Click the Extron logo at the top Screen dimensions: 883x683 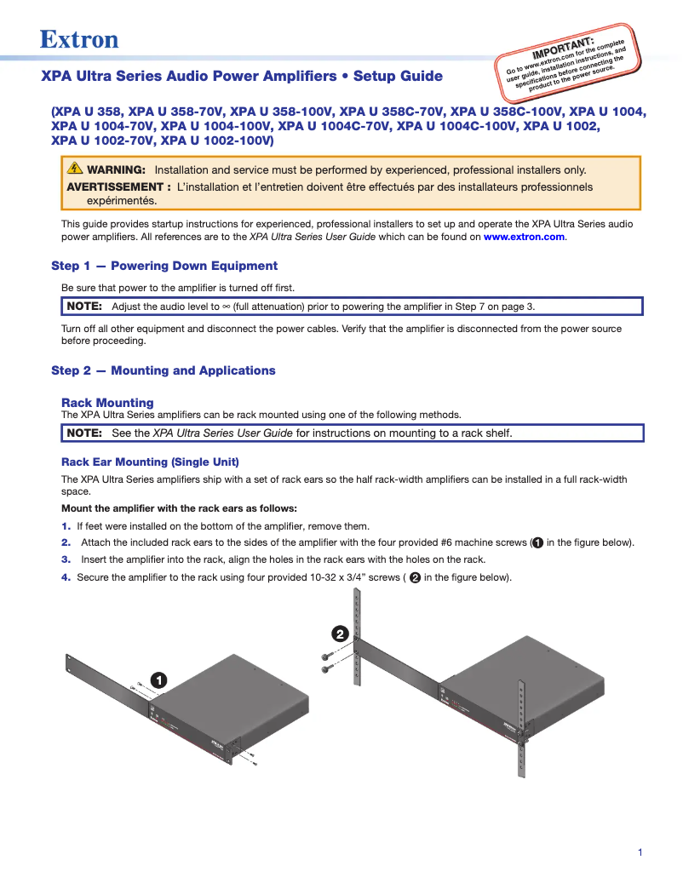pyautogui.click(x=79, y=39)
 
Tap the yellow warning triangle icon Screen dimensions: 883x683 pyautogui.click(x=75, y=169)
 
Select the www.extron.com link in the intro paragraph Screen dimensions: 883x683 pyautogui.click(x=524, y=237)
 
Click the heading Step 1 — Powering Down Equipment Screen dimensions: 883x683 pyautogui.click(x=164, y=266)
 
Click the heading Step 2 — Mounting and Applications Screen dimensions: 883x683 pyautogui.click(x=164, y=370)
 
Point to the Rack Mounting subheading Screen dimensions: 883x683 pyautogui.click(x=107, y=403)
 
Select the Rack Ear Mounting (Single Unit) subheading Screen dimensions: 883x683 pyautogui.click(x=150, y=462)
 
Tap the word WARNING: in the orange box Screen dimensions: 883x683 pyautogui.click(x=116, y=169)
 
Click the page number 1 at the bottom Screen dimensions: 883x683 pyautogui.click(x=640, y=852)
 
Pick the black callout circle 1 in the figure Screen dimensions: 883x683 pyautogui.click(x=158, y=679)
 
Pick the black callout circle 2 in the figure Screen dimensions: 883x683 pyautogui.click(x=339, y=634)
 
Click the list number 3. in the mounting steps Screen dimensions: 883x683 pyautogui.click(x=66, y=559)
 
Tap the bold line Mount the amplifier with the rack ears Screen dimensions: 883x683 pyautogui.click(x=179, y=508)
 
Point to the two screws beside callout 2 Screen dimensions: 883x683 pyautogui.click(x=327, y=662)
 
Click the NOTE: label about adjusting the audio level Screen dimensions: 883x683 pyautogui.click(x=84, y=307)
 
